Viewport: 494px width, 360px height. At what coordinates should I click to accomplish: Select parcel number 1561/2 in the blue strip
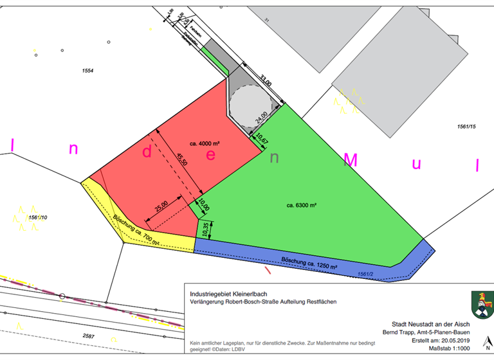[366, 274]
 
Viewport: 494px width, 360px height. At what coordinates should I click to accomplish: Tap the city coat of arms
[480, 304]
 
